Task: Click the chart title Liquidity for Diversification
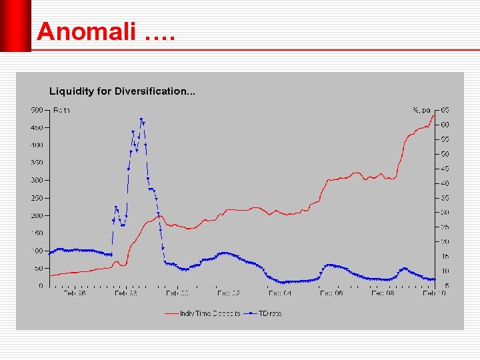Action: click(122, 91)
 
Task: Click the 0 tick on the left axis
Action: click(41, 286)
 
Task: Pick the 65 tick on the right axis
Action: click(444, 110)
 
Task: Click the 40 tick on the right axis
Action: click(444, 183)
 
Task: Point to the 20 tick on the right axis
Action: click(444, 242)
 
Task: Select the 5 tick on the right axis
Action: click(446, 286)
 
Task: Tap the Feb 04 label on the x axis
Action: click(280, 293)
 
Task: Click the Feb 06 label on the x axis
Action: click(331, 293)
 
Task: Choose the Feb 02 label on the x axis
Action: click(228, 293)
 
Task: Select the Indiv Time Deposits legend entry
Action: click(210, 313)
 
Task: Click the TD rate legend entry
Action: click(270, 313)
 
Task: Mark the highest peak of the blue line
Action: click(141, 119)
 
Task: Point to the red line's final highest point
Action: click(434, 115)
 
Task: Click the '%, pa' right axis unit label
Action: click(421, 110)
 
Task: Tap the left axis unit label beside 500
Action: click(61, 110)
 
